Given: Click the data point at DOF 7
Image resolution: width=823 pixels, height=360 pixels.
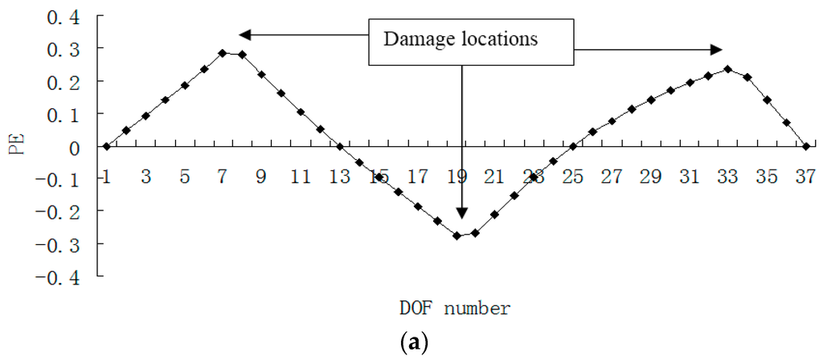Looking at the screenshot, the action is tap(223, 53).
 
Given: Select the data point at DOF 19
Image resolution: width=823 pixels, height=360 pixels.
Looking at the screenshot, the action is tap(457, 235).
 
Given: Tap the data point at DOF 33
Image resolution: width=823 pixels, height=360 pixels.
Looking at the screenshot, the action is tap(728, 69).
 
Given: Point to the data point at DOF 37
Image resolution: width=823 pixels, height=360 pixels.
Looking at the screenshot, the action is tap(806, 146).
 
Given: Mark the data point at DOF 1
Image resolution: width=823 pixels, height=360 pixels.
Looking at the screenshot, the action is tap(106, 146).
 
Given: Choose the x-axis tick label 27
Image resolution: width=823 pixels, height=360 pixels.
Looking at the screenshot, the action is tap(612, 177).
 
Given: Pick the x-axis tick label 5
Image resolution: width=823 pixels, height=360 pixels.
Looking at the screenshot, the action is tap(184, 177).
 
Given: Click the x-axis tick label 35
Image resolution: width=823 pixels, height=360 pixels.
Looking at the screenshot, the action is tap(768, 177).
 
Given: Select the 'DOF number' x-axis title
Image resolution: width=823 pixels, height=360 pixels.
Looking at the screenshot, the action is tap(454, 308).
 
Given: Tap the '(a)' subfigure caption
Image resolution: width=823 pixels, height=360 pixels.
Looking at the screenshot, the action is tap(418, 344).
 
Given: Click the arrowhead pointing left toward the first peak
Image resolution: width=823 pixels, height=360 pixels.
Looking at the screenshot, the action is tap(245, 35).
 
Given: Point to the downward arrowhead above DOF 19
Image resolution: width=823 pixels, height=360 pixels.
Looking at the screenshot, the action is tap(461, 213).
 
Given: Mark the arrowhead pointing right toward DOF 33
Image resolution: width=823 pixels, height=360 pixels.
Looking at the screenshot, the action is tap(718, 50).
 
